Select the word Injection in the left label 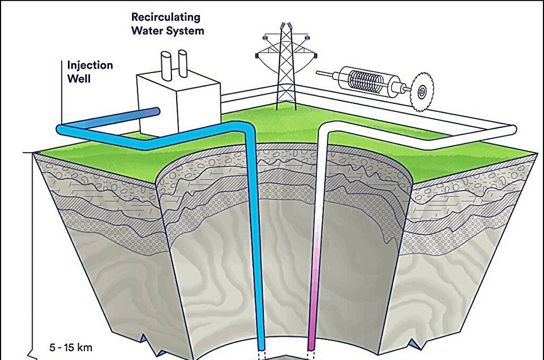tap(90, 65)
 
